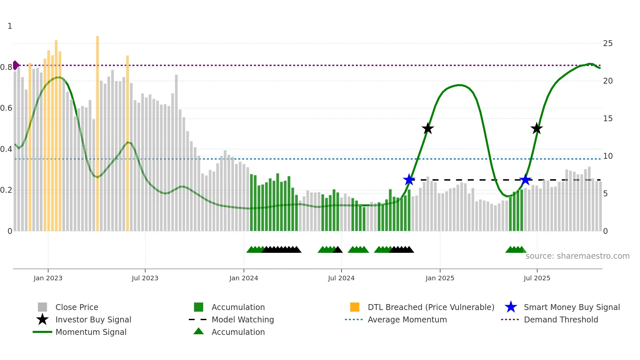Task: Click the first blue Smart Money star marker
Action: [409, 180]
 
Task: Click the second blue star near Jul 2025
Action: [525, 180]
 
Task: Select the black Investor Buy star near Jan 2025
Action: [427, 128]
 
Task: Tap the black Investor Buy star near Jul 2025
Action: [536, 128]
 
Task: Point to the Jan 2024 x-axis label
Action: [244, 278]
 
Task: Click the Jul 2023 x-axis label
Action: [145, 278]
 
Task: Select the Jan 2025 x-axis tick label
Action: [440, 278]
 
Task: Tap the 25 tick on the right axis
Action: [608, 43]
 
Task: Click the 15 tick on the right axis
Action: [608, 119]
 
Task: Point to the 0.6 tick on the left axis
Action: [6, 108]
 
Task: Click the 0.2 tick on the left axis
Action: [6, 190]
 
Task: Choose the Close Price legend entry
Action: [77, 307]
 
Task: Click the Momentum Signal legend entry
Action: [91, 332]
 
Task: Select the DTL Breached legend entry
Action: [431, 307]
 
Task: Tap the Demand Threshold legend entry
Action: [561, 319]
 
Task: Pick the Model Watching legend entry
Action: [243, 319]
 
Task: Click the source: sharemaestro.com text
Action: [577, 256]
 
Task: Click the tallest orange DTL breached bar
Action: [97, 131]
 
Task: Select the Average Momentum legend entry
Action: [407, 319]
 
